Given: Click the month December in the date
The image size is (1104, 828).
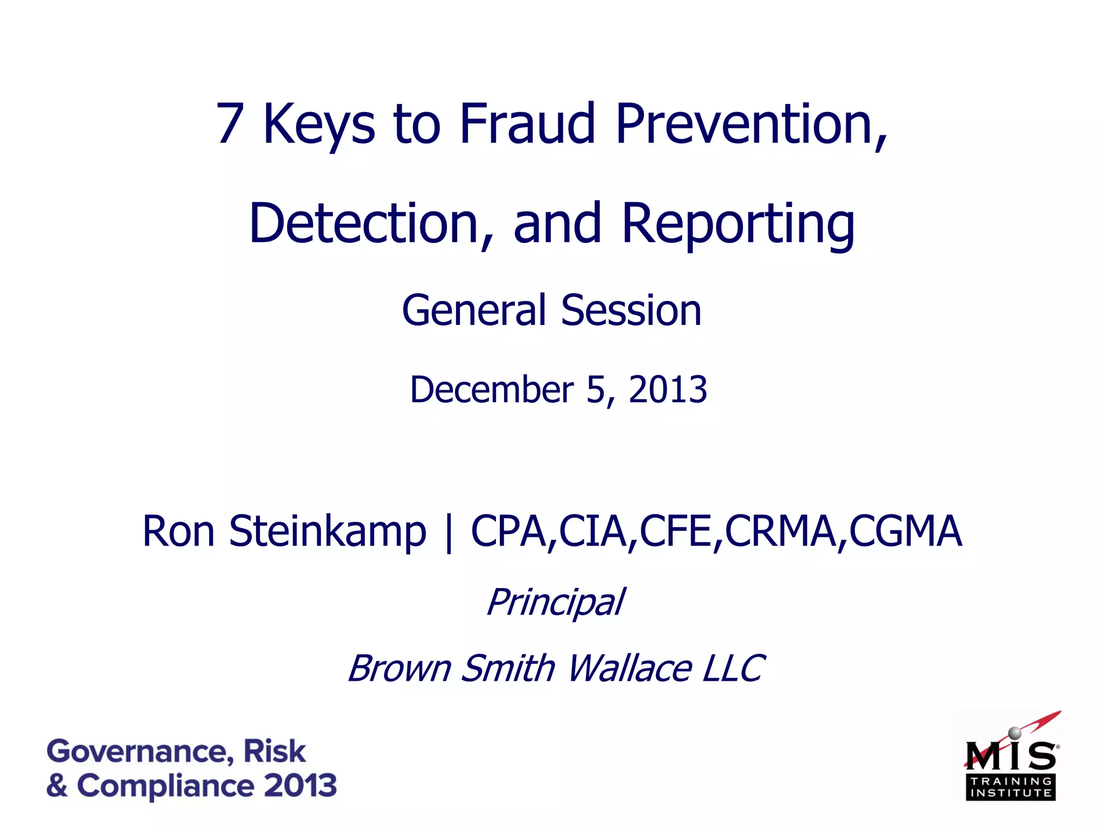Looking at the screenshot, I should [492, 389].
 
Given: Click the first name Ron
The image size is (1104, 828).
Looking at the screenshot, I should [178, 531].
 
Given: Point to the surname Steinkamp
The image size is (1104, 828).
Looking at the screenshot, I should [327, 531].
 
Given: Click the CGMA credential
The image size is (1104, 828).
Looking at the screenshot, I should [906, 531].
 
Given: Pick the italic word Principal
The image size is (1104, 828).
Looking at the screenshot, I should [555, 602].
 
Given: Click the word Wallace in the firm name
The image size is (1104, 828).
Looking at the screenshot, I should [629, 668].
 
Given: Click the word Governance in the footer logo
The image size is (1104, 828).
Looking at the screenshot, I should [140, 751].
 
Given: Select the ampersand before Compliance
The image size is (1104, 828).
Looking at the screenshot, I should [57, 785].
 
